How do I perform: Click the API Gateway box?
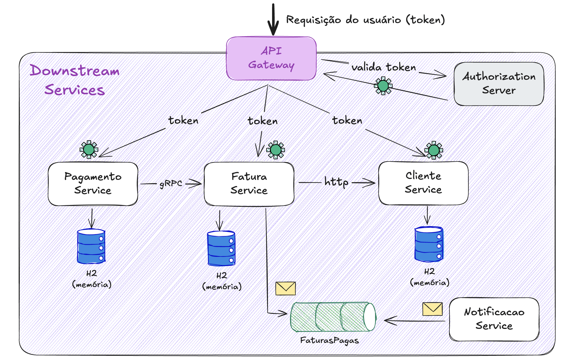click(271, 58)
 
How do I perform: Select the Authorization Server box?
click(499, 84)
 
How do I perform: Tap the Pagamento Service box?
click(93, 184)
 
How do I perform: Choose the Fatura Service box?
click(249, 184)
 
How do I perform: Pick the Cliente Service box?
click(423, 183)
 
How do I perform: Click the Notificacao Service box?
click(494, 319)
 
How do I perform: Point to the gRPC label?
click(171, 183)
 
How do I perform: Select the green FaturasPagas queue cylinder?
click(333, 317)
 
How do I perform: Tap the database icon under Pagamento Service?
click(91, 246)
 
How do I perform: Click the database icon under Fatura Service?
click(221, 248)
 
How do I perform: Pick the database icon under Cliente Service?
click(429, 244)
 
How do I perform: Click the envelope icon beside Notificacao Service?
click(432, 309)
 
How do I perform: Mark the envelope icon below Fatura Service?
click(286, 288)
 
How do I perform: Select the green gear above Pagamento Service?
click(89, 150)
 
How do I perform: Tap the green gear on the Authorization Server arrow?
click(383, 86)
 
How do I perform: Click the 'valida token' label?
click(384, 67)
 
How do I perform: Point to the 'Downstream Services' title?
click(75, 80)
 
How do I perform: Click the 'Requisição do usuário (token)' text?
click(365, 20)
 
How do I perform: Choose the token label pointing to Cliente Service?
click(347, 120)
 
